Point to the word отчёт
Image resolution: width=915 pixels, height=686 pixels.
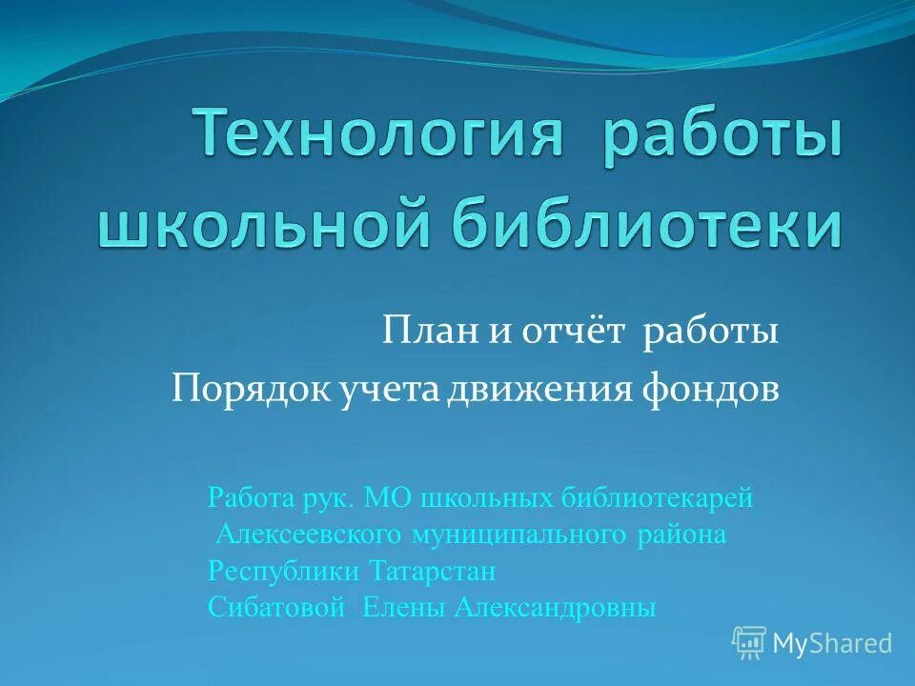tap(573, 333)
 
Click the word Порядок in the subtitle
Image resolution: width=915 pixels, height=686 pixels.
tap(248, 390)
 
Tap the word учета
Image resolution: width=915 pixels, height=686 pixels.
tap(387, 390)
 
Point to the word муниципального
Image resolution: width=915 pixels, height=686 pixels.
tap(519, 535)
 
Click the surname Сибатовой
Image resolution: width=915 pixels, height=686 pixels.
tap(275, 608)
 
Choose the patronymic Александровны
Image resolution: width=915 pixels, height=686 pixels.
tap(556, 608)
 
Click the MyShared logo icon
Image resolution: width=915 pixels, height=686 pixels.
tap(749, 643)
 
